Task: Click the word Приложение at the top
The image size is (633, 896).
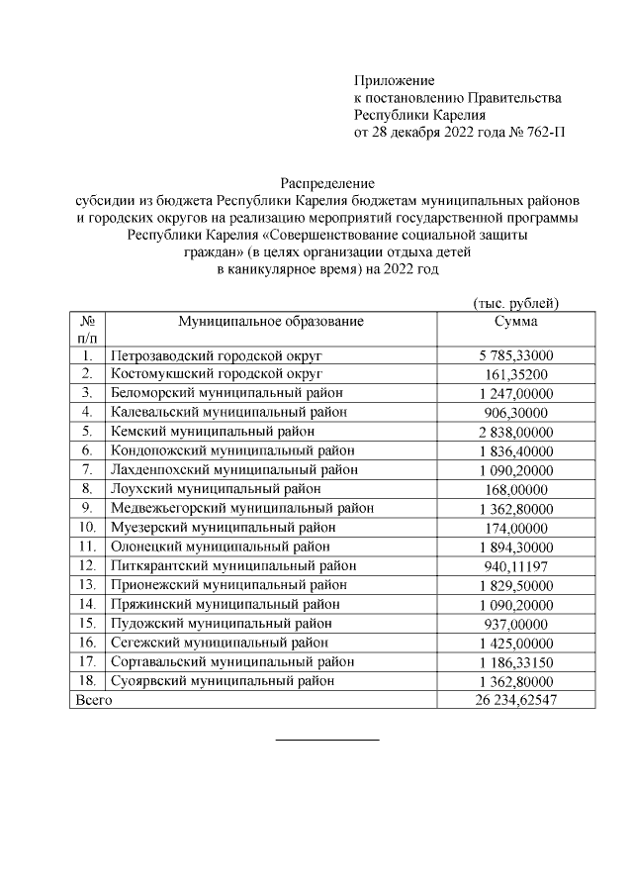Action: point(394,80)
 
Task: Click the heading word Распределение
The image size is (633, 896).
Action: point(327,183)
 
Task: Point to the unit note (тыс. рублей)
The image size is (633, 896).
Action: point(516,303)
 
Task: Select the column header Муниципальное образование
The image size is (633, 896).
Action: point(271,321)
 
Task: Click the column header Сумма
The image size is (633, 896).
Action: point(515,321)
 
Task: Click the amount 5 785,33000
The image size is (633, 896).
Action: point(515,354)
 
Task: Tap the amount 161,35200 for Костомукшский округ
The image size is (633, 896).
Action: point(515,373)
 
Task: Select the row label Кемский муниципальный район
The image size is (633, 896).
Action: point(213,431)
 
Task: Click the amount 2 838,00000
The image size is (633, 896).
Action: point(515,431)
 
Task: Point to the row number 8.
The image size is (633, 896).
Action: point(87,488)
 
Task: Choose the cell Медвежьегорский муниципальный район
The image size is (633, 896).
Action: point(242,508)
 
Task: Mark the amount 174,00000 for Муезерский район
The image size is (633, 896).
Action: point(515,527)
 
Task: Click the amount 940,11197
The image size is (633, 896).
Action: point(515,565)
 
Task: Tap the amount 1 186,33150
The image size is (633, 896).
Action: point(515,661)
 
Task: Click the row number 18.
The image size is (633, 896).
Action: point(87,680)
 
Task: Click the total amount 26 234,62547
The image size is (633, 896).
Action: point(515,700)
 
